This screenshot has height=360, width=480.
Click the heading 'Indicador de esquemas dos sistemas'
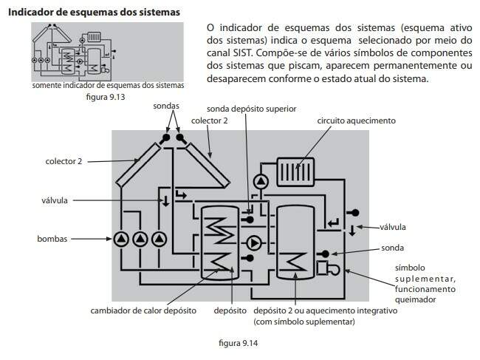click(x=95, y=13)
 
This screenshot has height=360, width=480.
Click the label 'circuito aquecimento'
click(x=356, y=120)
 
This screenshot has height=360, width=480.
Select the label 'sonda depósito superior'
click(x=251, y=107)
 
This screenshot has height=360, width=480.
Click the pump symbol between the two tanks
click(x=253, y=241)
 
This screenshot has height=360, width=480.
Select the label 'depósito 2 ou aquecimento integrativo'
click(x=326, y=311)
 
